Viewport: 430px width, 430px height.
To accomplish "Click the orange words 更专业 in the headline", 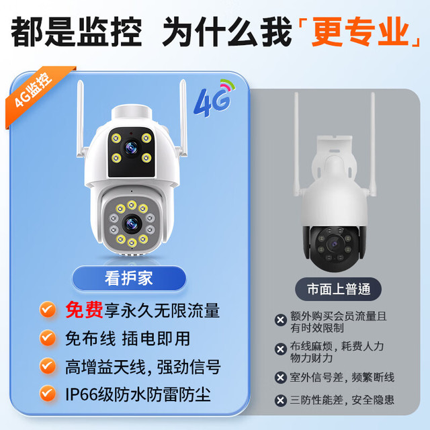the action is click(360, 32).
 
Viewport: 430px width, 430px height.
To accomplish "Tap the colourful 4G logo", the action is click(214, 98).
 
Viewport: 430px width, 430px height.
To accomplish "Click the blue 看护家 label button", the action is click(129, 278).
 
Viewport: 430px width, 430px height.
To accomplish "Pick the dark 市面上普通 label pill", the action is click(338, 290).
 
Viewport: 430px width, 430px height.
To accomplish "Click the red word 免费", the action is click(84, 310).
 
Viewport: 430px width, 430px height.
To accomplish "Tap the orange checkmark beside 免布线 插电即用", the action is click(48, 338).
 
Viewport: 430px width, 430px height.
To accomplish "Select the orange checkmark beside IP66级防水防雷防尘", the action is click(48, 394).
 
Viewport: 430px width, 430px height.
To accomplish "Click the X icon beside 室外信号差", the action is click(280, 378).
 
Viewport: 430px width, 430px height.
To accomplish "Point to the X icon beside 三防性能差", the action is click(280, 400).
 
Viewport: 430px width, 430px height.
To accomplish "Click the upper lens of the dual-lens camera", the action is click(131, 148).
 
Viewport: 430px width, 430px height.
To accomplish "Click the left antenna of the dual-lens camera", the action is click(81, 118).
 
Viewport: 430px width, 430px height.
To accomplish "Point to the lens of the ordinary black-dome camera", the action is click(335, 243).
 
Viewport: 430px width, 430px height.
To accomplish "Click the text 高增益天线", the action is click(105, 367).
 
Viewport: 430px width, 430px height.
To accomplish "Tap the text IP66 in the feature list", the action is click(81, 394).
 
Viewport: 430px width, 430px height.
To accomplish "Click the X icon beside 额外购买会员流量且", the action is click(280, 320).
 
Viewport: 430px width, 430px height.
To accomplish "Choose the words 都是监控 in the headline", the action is click(77, 32).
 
